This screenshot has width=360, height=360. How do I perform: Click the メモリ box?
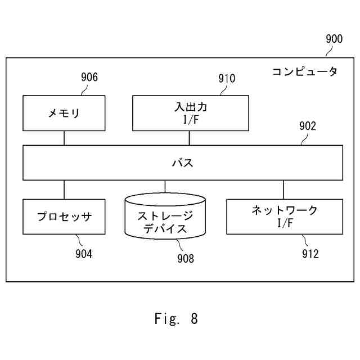(x=64, y=113)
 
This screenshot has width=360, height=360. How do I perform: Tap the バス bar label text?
(x=182, y=163)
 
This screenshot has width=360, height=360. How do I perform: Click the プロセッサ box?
(x=64, y=217)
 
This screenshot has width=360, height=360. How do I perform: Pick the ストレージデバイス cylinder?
(x=165, y=217)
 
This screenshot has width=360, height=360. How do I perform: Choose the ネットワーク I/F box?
(x=283, y=216)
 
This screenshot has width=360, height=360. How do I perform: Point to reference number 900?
(x=334, y=39)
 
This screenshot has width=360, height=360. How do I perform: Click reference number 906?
(x=89, y=77)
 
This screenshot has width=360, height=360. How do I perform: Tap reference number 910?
(x=227, y=78)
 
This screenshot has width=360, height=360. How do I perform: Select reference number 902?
(x=308, y=126)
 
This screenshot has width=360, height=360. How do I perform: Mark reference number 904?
(x=84, y=254)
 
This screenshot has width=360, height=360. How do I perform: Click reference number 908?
(x=185, y=259)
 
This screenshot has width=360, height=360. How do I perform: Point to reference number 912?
(x=309, y=254)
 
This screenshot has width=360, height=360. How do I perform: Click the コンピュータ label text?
(x=304, y=72)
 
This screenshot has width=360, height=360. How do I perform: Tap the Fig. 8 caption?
(x=176, y=319)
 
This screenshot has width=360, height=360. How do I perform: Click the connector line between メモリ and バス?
(x=64, y=138)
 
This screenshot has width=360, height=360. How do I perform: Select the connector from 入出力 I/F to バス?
(x=190, y=138)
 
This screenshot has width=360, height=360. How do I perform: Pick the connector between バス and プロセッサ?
(x=64, y=190)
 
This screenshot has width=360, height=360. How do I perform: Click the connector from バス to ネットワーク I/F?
(x=283, y=190)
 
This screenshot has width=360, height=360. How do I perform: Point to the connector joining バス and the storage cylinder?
(x=165, y=186)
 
